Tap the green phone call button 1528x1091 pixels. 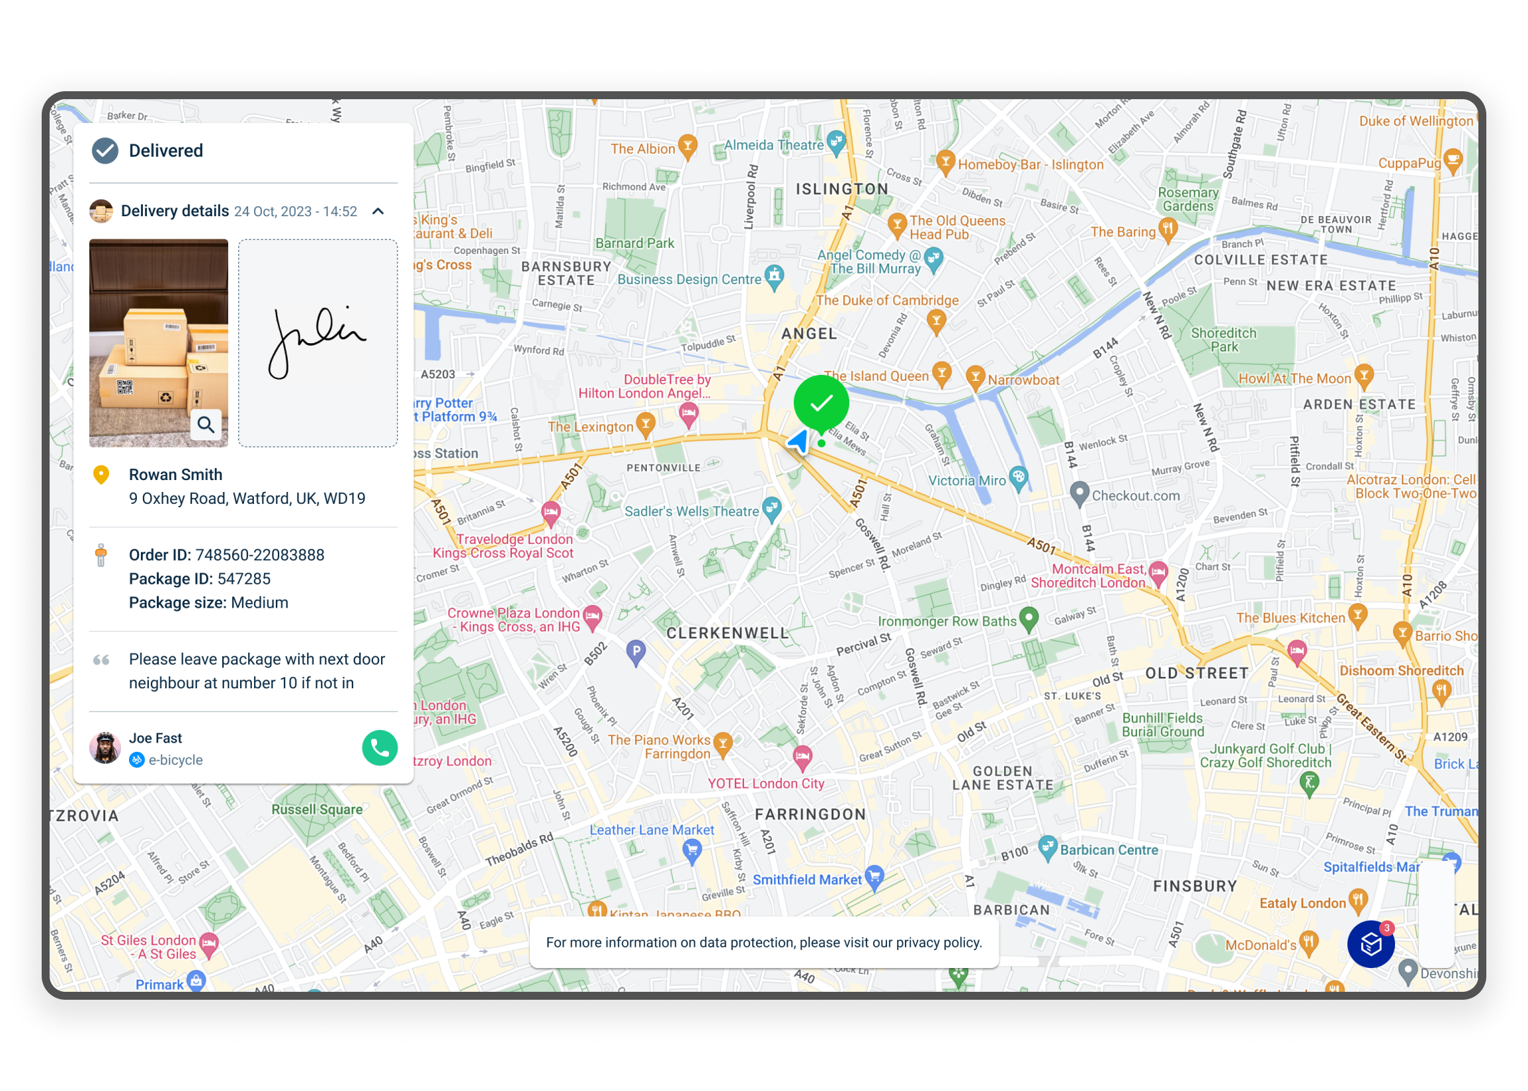[380, 748]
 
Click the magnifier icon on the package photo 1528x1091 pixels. [206, 424]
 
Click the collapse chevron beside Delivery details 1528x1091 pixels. [378, 212]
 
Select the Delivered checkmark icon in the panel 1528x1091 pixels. [105, 151]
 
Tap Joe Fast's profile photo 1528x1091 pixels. [105, 748]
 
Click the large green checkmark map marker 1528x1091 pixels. [820, 403]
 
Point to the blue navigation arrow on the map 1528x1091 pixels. [798, 442]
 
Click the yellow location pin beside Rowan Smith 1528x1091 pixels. [101, 475]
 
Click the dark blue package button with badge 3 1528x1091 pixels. [1371, 945]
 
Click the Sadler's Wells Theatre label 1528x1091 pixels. [691, 511]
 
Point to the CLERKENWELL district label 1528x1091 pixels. [727, 633]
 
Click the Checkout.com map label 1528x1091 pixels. [1135, 496]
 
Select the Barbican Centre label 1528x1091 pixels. [1109, 850]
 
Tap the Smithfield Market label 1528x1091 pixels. [806, 880]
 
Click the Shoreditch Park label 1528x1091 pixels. [1223, 340]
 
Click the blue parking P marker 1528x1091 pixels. [636, 650]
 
